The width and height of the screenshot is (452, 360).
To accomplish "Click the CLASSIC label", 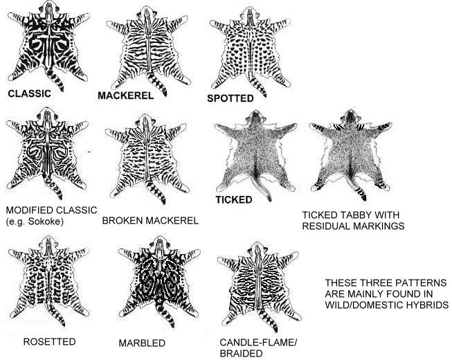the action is click(29, 93).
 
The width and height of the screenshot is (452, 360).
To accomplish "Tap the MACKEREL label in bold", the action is click(126, 96).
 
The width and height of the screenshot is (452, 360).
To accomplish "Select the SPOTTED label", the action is click(230, 98).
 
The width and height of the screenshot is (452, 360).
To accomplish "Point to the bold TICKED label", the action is click(234, 199).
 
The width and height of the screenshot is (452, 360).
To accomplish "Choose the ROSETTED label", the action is click(49, 341).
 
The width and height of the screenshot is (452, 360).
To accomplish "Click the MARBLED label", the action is click(142, 343).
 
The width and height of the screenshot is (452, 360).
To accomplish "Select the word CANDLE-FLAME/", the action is click(258, 343).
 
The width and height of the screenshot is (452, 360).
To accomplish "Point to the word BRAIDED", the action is click(241, 353).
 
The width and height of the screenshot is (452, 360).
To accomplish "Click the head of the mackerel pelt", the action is click(147, 14).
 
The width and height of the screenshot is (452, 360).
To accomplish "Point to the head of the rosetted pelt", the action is click(48, 243).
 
